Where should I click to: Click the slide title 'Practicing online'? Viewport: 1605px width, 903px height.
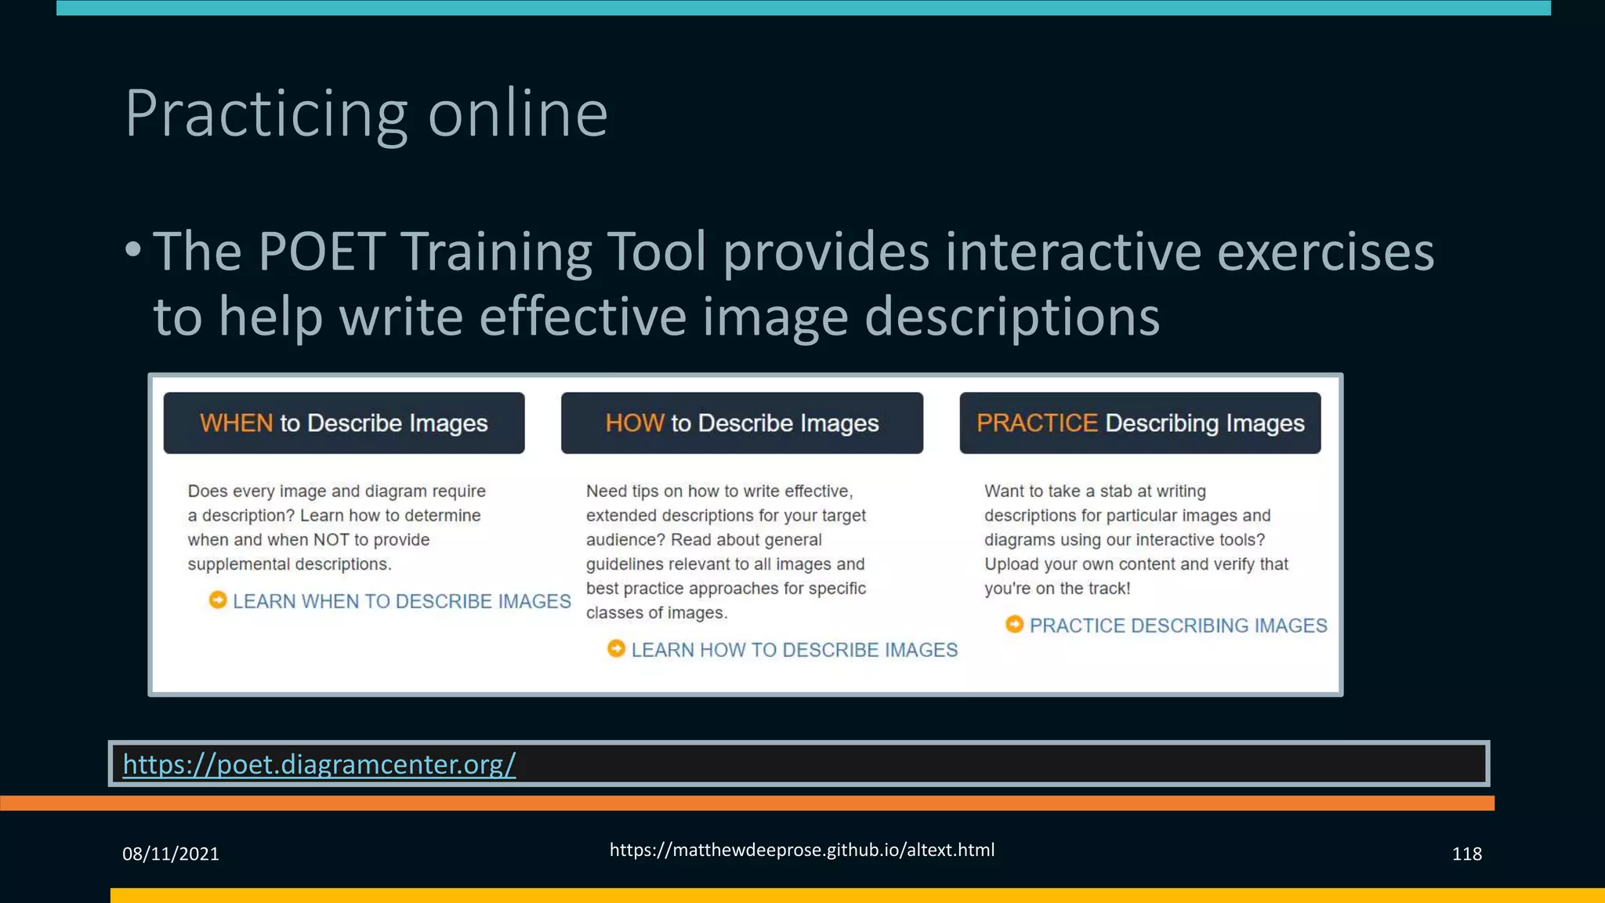(366, 114)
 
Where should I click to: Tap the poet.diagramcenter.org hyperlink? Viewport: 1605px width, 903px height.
(319, 763)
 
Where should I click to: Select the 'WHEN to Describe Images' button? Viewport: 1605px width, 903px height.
(344, 423)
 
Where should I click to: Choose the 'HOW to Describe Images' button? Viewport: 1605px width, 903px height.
(741, 423)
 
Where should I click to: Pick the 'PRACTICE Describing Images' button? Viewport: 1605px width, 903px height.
(1139, 423)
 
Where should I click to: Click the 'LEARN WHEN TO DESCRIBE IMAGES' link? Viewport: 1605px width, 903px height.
(401, 601)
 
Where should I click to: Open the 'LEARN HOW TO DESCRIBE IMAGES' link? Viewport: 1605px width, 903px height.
(794, 650)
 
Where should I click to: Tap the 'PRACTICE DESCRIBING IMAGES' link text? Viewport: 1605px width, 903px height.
(1178, 626)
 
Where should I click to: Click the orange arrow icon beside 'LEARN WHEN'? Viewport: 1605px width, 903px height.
(218, 600)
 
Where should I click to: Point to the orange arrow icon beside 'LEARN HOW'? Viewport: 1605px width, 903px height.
(617, 649)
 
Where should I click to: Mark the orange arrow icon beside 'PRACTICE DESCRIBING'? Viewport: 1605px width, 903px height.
(1015, 625)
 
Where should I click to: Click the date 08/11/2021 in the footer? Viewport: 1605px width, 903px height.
(171, 854)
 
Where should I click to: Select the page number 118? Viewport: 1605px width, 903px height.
(1466, 854)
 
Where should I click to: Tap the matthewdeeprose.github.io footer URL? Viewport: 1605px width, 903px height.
(802, 850)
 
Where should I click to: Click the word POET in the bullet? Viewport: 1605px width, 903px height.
(321, 252)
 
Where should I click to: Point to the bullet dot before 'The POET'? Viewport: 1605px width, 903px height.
(133, 250)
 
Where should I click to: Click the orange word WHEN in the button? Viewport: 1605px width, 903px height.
(236, 423)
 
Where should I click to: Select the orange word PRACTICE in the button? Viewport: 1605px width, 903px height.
(1037, 423)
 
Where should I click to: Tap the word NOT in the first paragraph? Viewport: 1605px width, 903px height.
(330, 540)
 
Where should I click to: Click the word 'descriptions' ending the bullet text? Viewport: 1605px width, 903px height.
(1012, 317)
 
